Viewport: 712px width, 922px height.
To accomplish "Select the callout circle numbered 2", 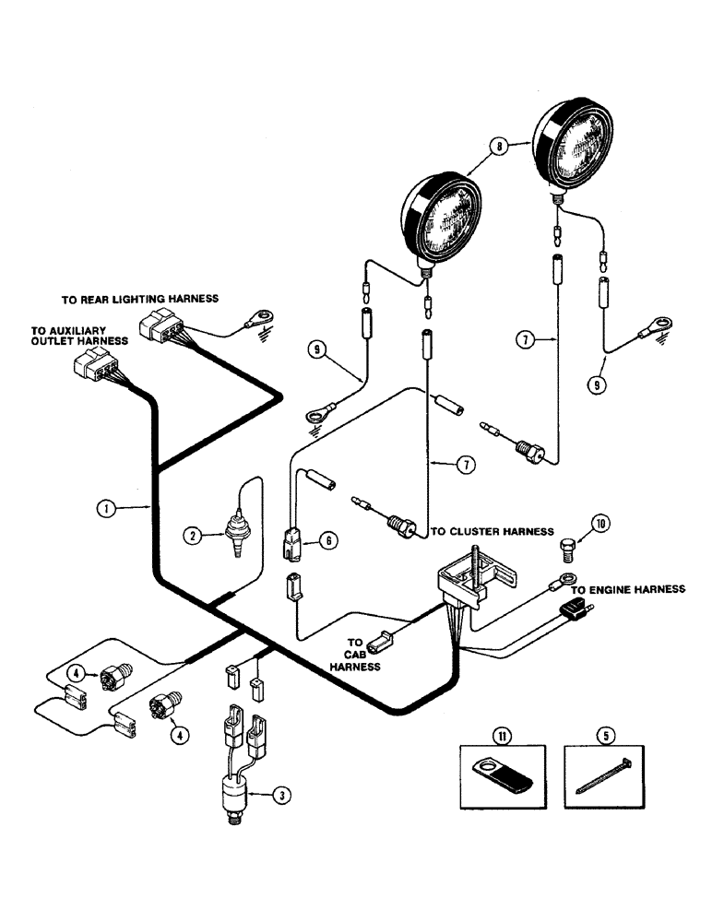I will tap(193, 533).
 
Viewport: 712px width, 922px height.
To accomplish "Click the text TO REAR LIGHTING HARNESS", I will tap(139, 299).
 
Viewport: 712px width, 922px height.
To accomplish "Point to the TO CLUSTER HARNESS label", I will tap(492, 532).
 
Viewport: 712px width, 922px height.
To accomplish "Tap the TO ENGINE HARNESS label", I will tap(627, 588).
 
